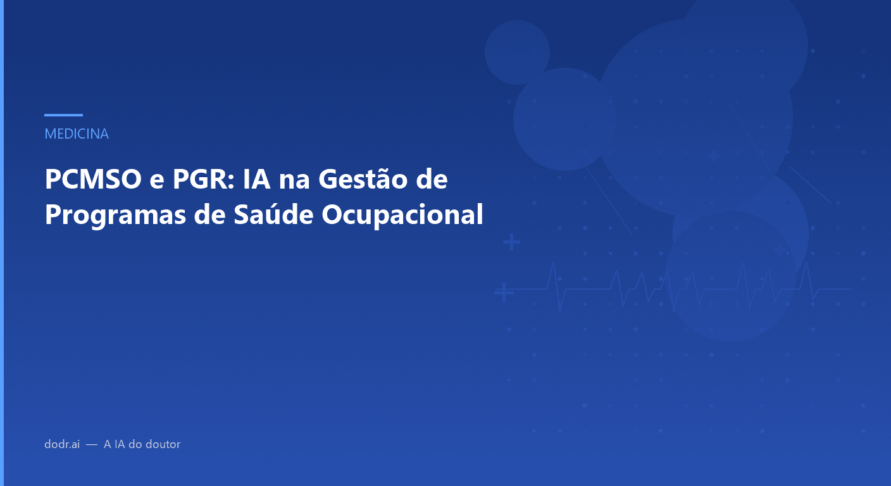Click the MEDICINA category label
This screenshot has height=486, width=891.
(77, 134)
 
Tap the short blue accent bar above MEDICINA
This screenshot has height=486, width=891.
(63, 115)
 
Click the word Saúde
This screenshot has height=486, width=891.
(266, 215)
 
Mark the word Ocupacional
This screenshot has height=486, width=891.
(402, 215)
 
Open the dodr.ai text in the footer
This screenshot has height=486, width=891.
(62, 444)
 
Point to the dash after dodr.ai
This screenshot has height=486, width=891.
(92, 444)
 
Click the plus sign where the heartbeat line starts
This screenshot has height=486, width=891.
(504, 293)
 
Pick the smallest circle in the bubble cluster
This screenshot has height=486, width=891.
(517, 52)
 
